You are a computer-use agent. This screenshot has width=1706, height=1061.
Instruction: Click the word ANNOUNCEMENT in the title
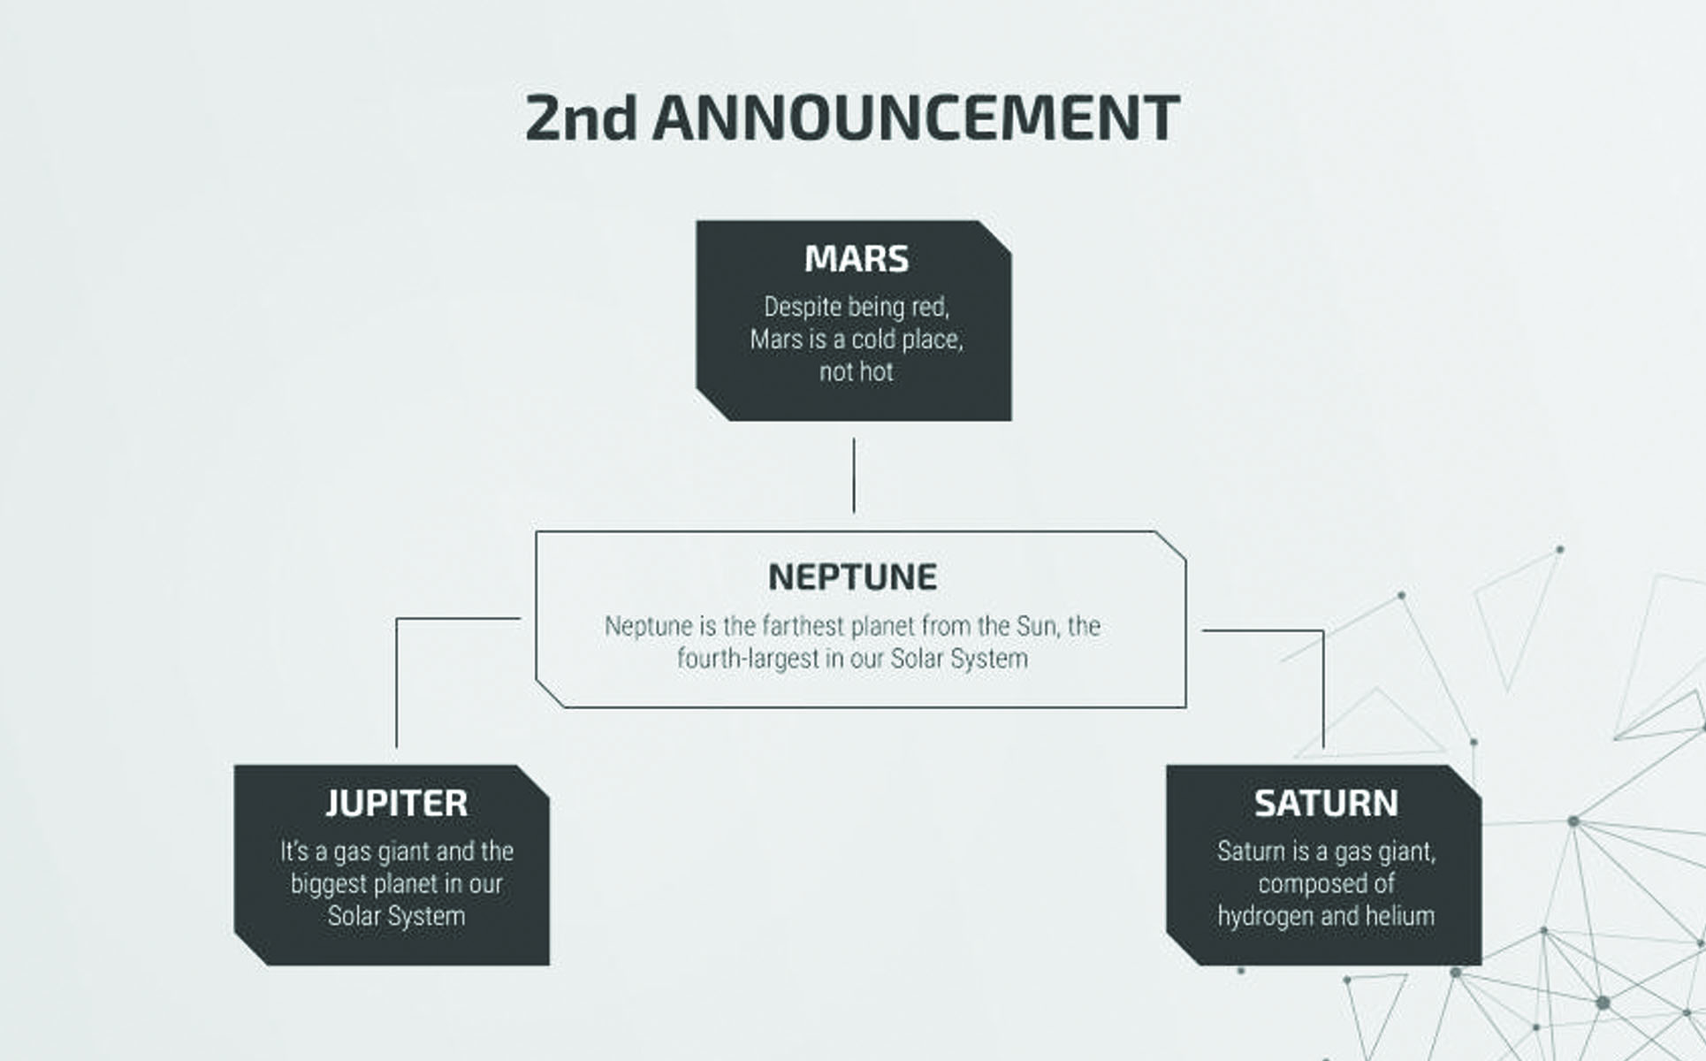click(x=916, y=118)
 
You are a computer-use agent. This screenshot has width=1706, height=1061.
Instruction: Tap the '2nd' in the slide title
click(x=581, y=118)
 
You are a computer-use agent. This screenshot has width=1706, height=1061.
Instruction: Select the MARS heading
click(x=857, y=259)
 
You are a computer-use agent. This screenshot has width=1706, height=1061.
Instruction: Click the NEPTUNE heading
click(x=853, y=577)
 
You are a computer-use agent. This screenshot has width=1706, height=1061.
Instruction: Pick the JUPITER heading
click(x=397, y=803)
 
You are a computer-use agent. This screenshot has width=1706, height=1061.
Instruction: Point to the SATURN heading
click(x=1326, y=803)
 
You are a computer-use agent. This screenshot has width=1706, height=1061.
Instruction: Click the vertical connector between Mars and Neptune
click(x=854, y=476)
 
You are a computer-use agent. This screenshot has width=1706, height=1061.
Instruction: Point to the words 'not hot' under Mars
click(x=857, y=372)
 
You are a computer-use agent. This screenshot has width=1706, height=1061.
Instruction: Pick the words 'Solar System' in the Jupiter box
click(x=397, y=916)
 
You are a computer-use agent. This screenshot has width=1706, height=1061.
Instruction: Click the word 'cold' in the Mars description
click(x=874, y=340)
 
